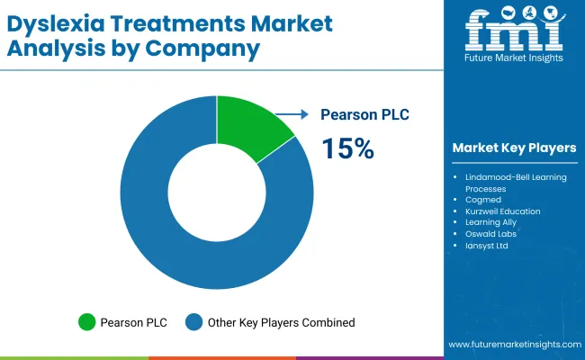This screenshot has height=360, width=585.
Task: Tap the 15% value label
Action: pyautogui.click(x=347, y=148)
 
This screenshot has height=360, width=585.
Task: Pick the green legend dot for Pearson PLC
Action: pyautogui.click(x=87, y=321)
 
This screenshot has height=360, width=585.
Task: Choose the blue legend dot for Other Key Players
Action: pyautogui.click(x=193, y=321)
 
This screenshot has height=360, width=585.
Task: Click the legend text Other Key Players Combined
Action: pyautogui.click(x=281, y=321)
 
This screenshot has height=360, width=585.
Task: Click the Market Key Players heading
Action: pyautogui.click(x=514, y=148)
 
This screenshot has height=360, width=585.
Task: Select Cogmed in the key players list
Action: pyautogui.click(x=482, y=200)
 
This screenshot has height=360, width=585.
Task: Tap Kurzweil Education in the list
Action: pyautogui.click(x=502, y=211)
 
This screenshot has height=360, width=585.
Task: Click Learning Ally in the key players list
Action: pyautogui.click(x=490, y=223)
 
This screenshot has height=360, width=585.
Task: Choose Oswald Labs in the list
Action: pyautogui.click(x=490, y=234)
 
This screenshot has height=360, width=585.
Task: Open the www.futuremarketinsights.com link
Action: pyautogui.click(x=512, y=345)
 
